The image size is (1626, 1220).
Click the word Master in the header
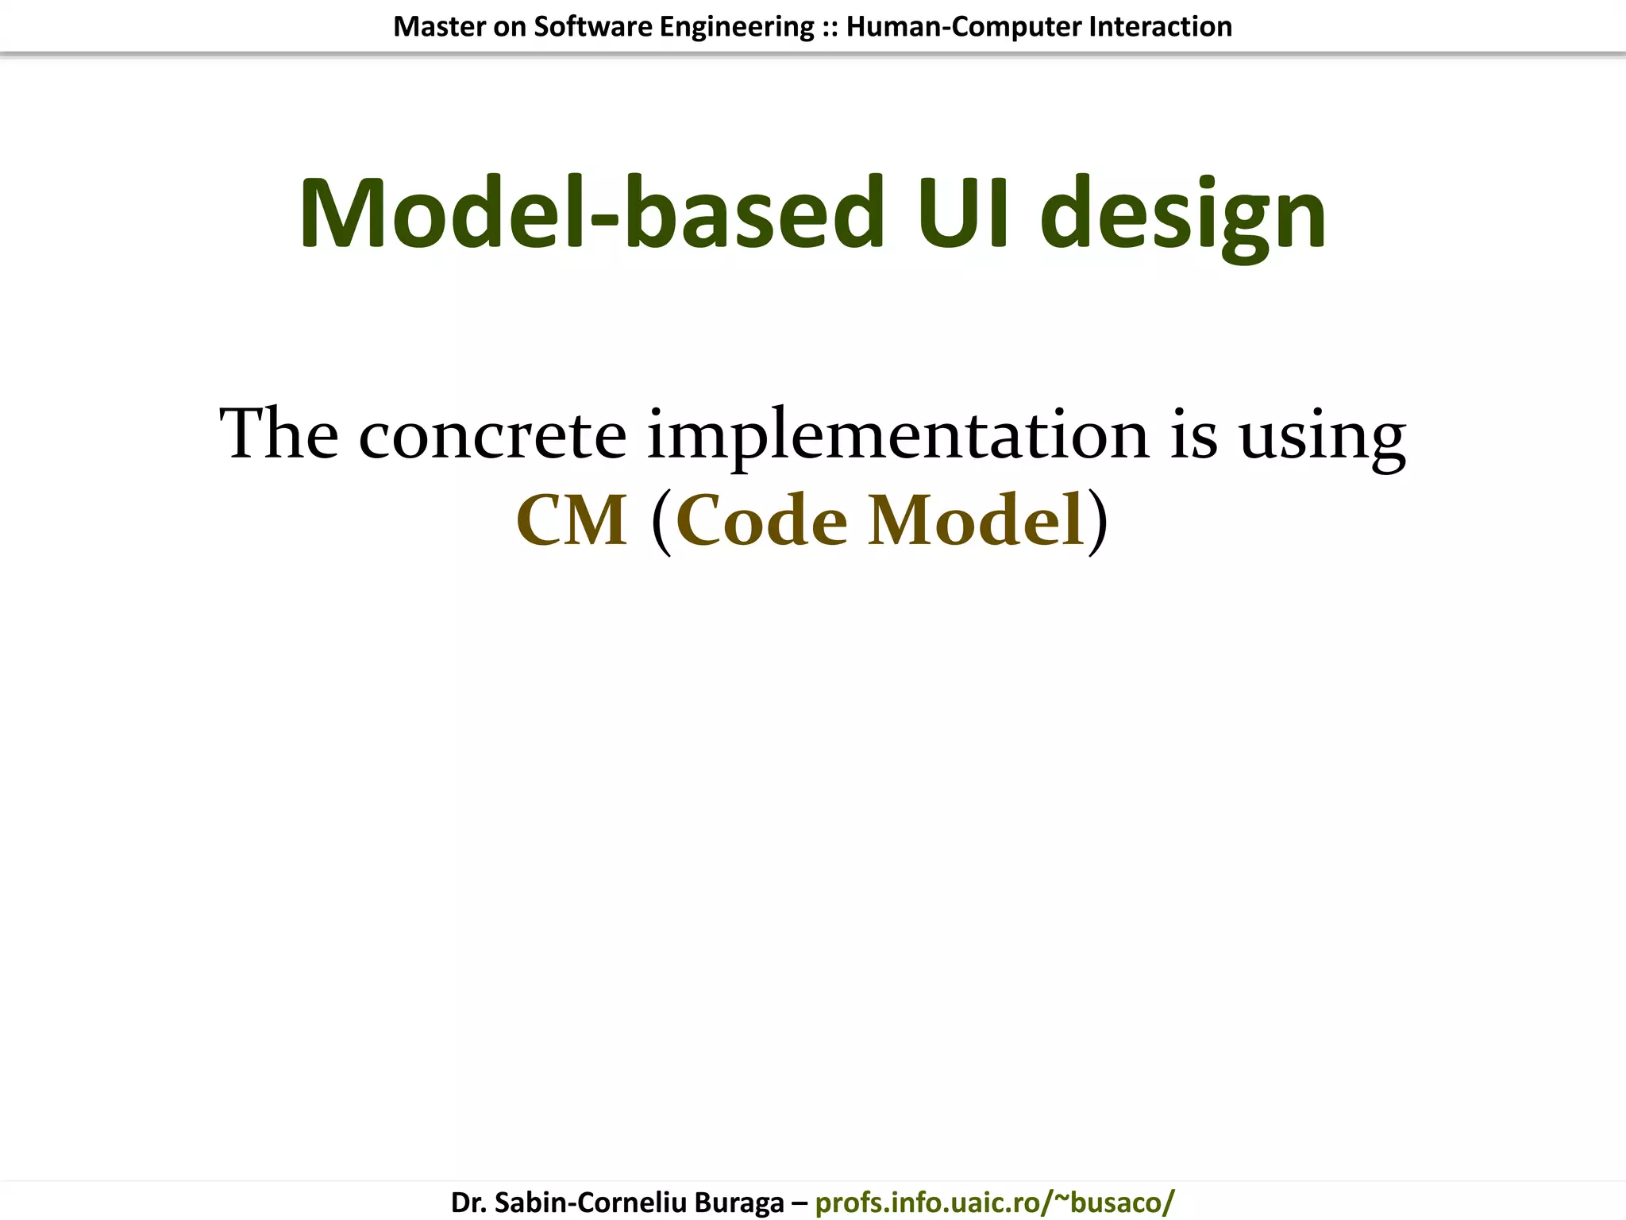coord(439,27)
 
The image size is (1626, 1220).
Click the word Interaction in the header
coord(1160,27)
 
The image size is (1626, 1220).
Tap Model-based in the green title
coord(591,214)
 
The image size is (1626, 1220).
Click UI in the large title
coord(962,214)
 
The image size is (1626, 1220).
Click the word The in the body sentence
coord(279,434)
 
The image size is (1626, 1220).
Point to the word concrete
coord(492,435)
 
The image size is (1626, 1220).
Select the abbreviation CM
coord(572,520)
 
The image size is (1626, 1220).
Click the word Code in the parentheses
coord(762,520)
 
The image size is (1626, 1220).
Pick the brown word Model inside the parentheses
coord(976,520)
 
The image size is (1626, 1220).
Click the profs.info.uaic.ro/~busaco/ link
coord(995,1203)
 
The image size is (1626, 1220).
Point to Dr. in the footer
coord(468,1203)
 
